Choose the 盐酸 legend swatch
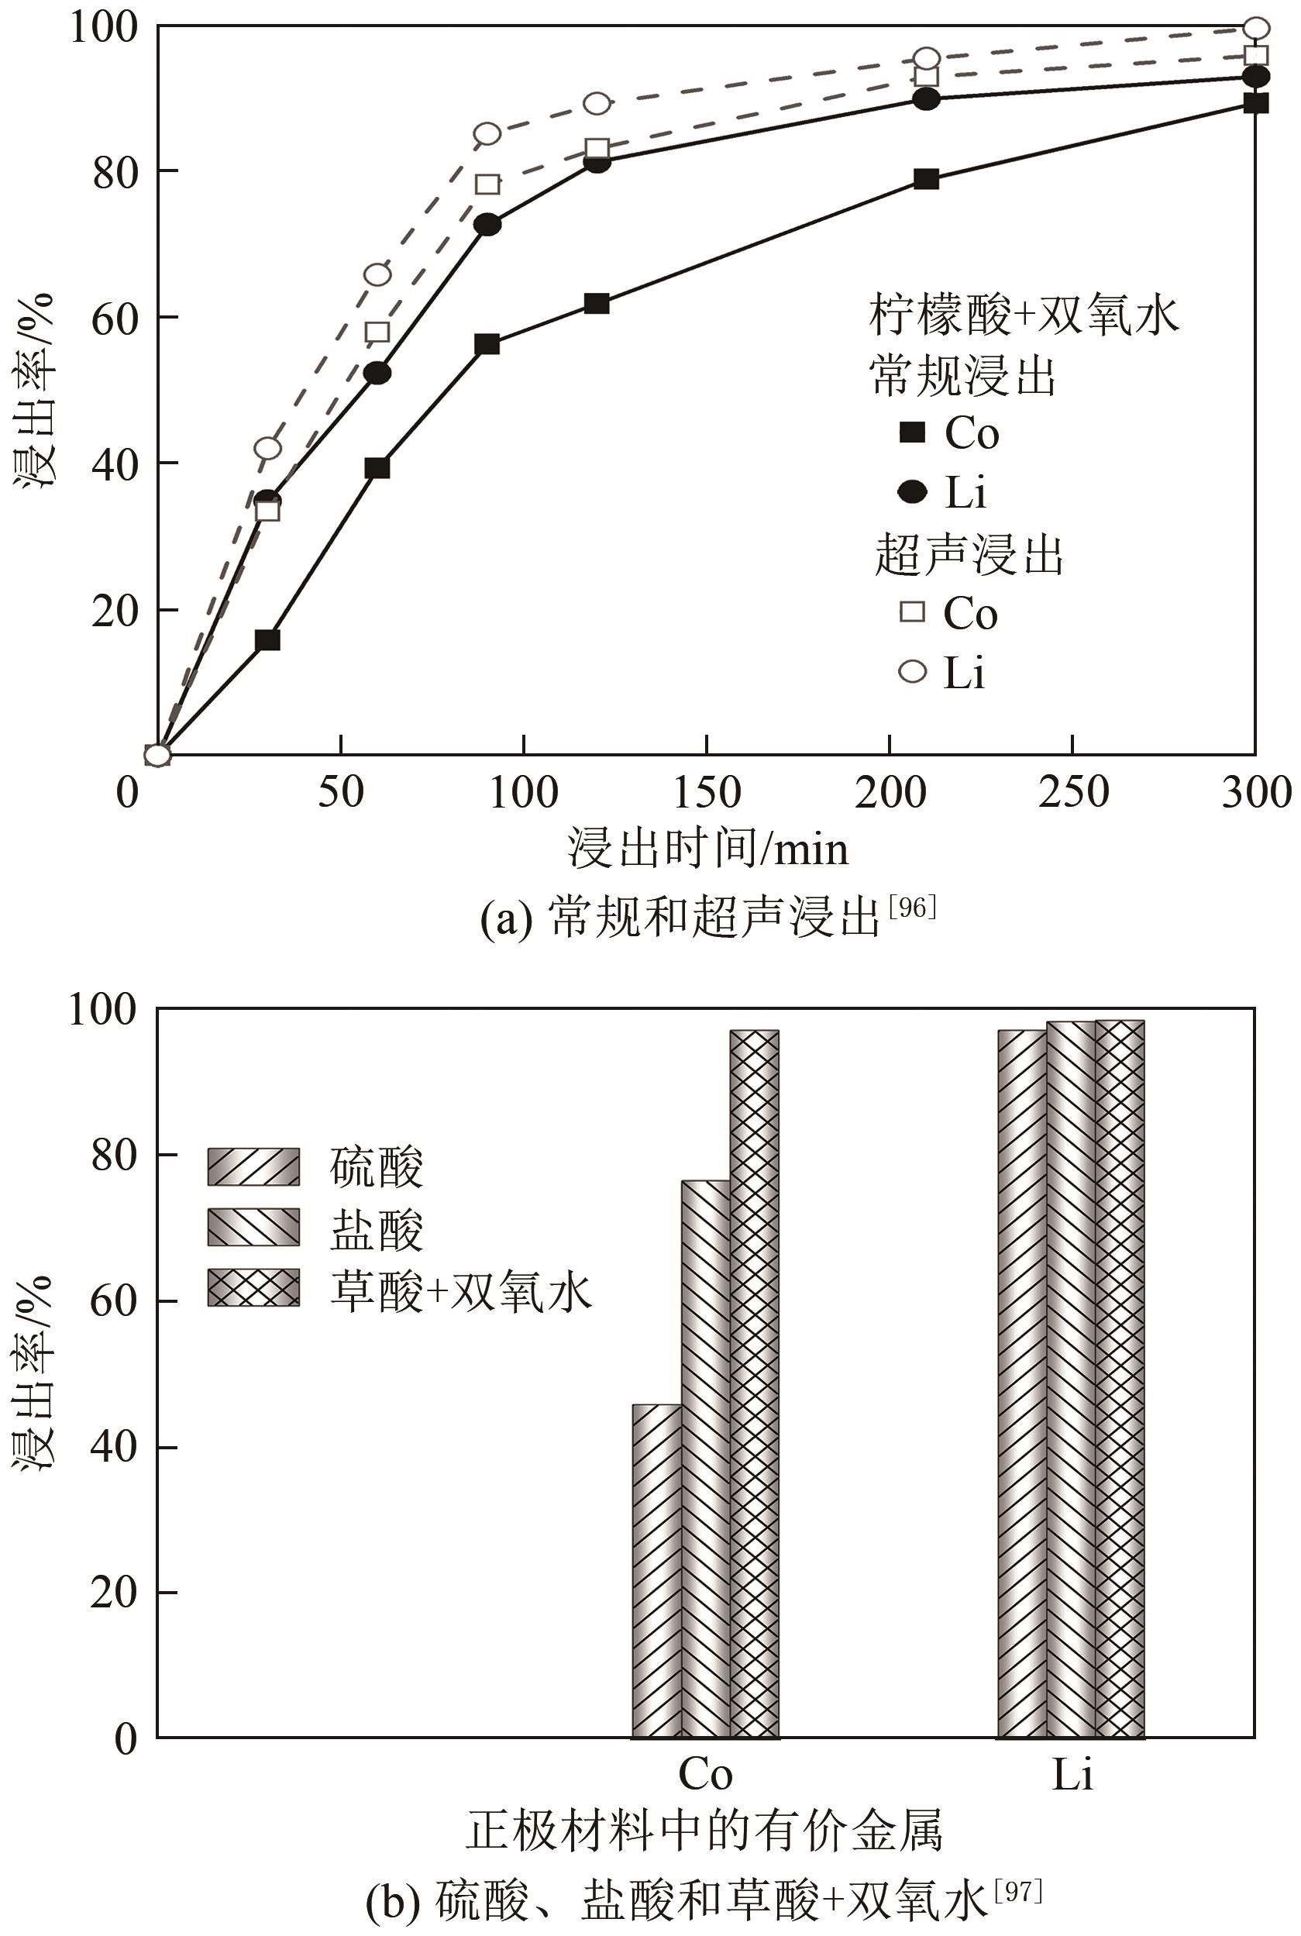[x=253, y=1228]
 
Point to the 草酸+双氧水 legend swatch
[x=253, y=1288]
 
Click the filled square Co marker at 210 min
[x=926, y=179]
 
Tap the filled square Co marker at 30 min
[x=267, y=641]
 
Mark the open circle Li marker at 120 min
[x=597, y=104]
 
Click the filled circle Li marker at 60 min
[x=377, y=374]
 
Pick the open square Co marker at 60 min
[x=377, y=332]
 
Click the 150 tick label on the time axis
[x=706, y=793]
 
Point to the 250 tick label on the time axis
[x=1073, y=793]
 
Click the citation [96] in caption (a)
[x=912, y=907]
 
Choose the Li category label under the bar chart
[x=1072, y=1775]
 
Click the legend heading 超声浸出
[x=969, y=555]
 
